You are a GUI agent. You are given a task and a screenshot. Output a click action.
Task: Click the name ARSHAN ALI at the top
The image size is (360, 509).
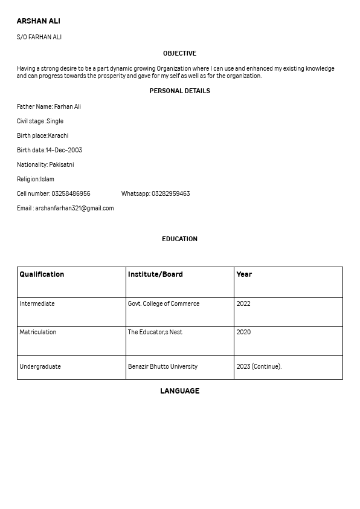tap(39, 21)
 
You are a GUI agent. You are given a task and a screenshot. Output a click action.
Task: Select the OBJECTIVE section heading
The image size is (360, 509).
tap(179, 54)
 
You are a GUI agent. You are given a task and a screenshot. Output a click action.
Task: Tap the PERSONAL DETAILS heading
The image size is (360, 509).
tap(179, 91)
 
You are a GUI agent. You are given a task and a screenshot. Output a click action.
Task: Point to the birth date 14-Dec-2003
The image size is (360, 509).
tap(64, 151)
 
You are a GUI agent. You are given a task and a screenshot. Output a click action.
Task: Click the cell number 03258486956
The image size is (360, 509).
tap(71, 194)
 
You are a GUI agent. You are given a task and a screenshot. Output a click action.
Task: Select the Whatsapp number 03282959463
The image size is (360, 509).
tap(170, 194)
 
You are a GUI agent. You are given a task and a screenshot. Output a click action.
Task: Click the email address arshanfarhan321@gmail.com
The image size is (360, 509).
tap(74, 209)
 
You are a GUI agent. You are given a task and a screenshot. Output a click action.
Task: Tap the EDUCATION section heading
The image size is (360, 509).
tap(179, 239)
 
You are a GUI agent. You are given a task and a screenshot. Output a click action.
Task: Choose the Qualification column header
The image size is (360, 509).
tap(42, 274)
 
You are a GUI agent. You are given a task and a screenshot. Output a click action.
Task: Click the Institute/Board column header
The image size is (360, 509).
tap(155, 274)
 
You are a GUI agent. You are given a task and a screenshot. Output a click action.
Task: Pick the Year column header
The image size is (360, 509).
tap(244, 274)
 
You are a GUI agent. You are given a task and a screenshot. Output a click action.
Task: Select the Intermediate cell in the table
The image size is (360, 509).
tap(37, 304)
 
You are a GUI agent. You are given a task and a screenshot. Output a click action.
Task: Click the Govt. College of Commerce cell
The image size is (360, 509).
tap(164, 304)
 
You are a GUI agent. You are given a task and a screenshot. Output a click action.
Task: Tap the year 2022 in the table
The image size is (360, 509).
tap(243, 304)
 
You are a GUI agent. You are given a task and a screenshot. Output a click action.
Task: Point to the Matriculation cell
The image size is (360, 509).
tap(38, 332)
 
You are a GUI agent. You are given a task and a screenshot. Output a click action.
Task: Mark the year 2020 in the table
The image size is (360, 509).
tap(243, 332)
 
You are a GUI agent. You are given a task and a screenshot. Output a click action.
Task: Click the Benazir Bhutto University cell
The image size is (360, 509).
tap(162, 367)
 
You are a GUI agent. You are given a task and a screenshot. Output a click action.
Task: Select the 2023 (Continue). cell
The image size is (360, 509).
tap(259, 367)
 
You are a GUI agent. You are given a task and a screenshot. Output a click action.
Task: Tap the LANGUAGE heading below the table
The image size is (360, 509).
tap(179, 391)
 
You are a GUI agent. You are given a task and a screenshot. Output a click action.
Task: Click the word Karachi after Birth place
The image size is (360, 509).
tap(59, 136)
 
